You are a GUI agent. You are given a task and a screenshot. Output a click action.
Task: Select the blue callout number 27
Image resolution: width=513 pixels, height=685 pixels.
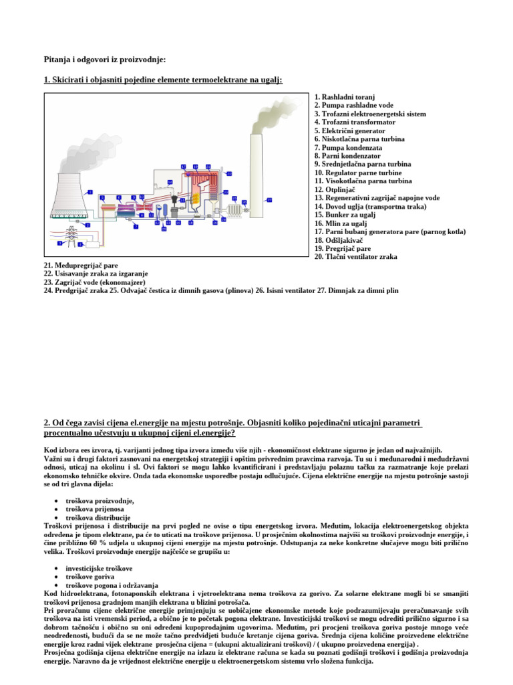[x=269, y=199]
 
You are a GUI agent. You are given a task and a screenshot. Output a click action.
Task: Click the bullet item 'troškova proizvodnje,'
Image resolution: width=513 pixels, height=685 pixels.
[x=100, y=501]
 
